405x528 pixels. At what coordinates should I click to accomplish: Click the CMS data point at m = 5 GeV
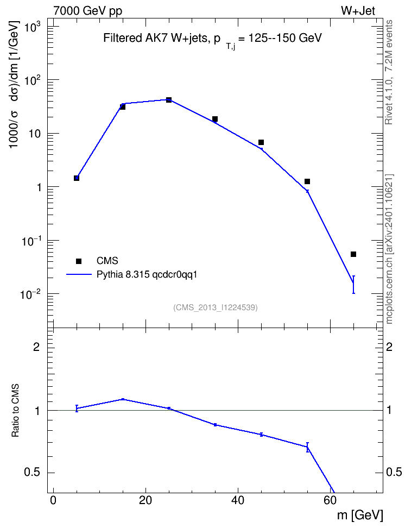(x=77, y=178)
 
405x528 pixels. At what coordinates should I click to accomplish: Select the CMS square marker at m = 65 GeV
(x=353, y=254)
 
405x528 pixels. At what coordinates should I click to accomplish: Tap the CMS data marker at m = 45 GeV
(x=261, y=142)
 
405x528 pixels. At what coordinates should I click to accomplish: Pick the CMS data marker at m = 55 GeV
(x=307, y=181)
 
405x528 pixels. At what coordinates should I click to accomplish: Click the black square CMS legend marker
(x=79, y=261)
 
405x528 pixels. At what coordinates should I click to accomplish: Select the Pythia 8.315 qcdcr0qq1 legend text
(x=147, y=274)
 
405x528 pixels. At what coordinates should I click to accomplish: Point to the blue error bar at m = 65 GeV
(x=353, y=285)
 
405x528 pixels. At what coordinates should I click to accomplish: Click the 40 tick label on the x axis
(x=238, y=500)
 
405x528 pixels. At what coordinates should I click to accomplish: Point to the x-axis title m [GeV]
(x=360, y=515)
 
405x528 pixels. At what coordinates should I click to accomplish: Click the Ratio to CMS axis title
(x=16, y=411)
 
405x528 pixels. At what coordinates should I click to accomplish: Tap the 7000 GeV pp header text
(x=87, y=11)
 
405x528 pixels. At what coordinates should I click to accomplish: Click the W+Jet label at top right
(x=358, y=11)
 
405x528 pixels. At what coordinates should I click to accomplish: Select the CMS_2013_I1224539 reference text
(x=216, y=307)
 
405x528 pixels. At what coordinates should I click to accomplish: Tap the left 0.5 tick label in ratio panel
(x=33, y=473)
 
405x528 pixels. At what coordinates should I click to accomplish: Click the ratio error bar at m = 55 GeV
(x=307, y=447)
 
